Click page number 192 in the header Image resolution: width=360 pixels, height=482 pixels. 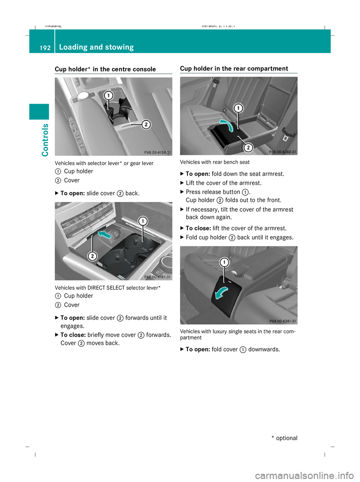pyautogui.click(x=45, y=48)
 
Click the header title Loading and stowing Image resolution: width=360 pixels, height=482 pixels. pyautogui.click(x=96, y=47)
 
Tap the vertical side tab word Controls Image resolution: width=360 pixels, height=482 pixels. pyautogui.click(x=45, y=140)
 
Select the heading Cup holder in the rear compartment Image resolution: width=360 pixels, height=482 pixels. pyautogui.click(x=234, y=68)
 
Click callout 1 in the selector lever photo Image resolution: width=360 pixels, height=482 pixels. pyautogui.click(x=108, y=95)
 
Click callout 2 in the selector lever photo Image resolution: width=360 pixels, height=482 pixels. pyautogui.click(x=146, y=124)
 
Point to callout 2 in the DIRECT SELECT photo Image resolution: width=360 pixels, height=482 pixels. pyautogui.click(x=92, y=256)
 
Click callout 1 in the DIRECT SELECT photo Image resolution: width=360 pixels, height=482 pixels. pyautogui.click(x=142, y=221)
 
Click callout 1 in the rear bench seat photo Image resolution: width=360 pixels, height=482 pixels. pyautogui.click(x=238, y=108)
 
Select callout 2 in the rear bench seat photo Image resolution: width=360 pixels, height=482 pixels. pyautogui.click(x=248, y=148)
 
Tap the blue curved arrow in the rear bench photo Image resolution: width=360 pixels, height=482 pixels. pyautogui.click(x=226, y=125)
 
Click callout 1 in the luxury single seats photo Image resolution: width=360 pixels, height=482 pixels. pyautogui.click(x=224, y=262)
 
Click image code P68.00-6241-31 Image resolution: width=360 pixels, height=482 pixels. pyautogui.click(x=282, y=321)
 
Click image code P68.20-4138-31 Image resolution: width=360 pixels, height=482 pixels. pyautogui.click(x=157, y=152)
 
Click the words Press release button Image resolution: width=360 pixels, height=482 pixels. pyautogui.click(x=213, y=192)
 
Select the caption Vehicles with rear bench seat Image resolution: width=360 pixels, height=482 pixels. pyautogui.click(x=214, y=162)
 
